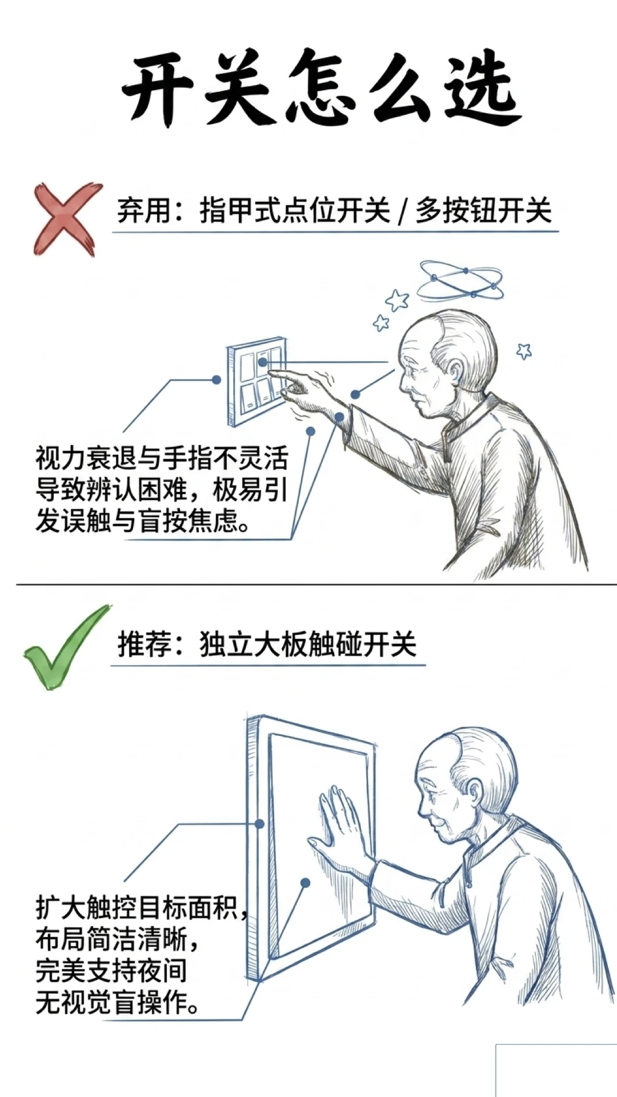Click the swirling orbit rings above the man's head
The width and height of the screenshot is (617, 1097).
462,280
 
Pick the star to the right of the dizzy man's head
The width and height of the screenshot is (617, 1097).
524,350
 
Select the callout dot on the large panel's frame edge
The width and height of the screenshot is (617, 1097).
259,823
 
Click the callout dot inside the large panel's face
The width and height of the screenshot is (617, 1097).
305,883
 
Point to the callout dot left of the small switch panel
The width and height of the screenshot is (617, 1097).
216,379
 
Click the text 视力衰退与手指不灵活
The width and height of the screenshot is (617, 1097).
162,458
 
